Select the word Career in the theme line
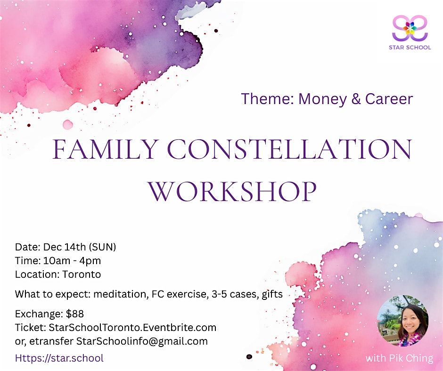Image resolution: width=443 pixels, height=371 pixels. point(389,99)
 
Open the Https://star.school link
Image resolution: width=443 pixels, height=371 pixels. point(59,358)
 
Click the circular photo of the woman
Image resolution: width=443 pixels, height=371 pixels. point(402,321)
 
